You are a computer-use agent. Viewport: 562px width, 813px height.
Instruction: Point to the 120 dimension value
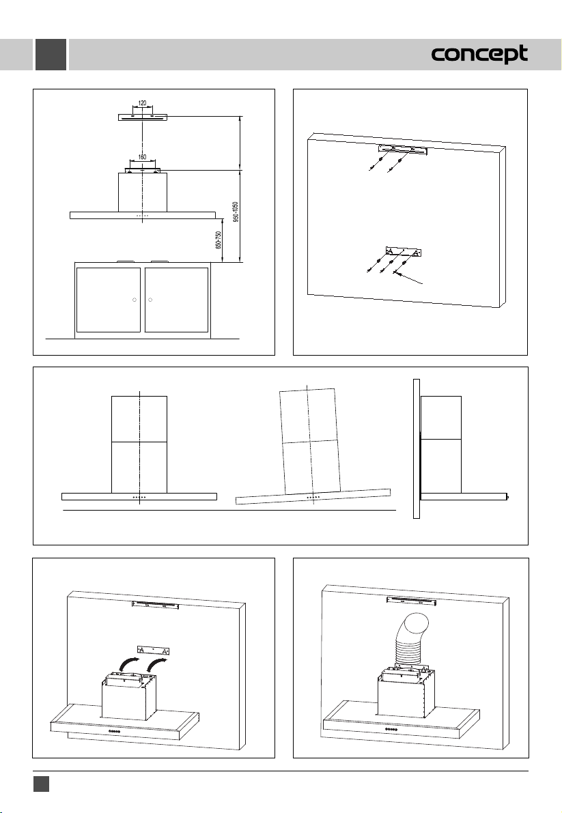click(142, 104)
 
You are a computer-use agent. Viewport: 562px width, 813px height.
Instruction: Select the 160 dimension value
click(142, 157)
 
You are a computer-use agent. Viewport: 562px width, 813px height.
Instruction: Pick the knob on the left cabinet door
click(135, 300)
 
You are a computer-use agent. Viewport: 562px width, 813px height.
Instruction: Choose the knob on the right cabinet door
click(150, 300)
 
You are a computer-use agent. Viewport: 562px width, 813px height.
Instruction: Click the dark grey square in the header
click(51, 55)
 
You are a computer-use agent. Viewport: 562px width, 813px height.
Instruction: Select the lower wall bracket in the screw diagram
click(406, 252)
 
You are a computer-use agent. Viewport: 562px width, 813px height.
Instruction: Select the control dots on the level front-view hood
click(139, 498)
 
